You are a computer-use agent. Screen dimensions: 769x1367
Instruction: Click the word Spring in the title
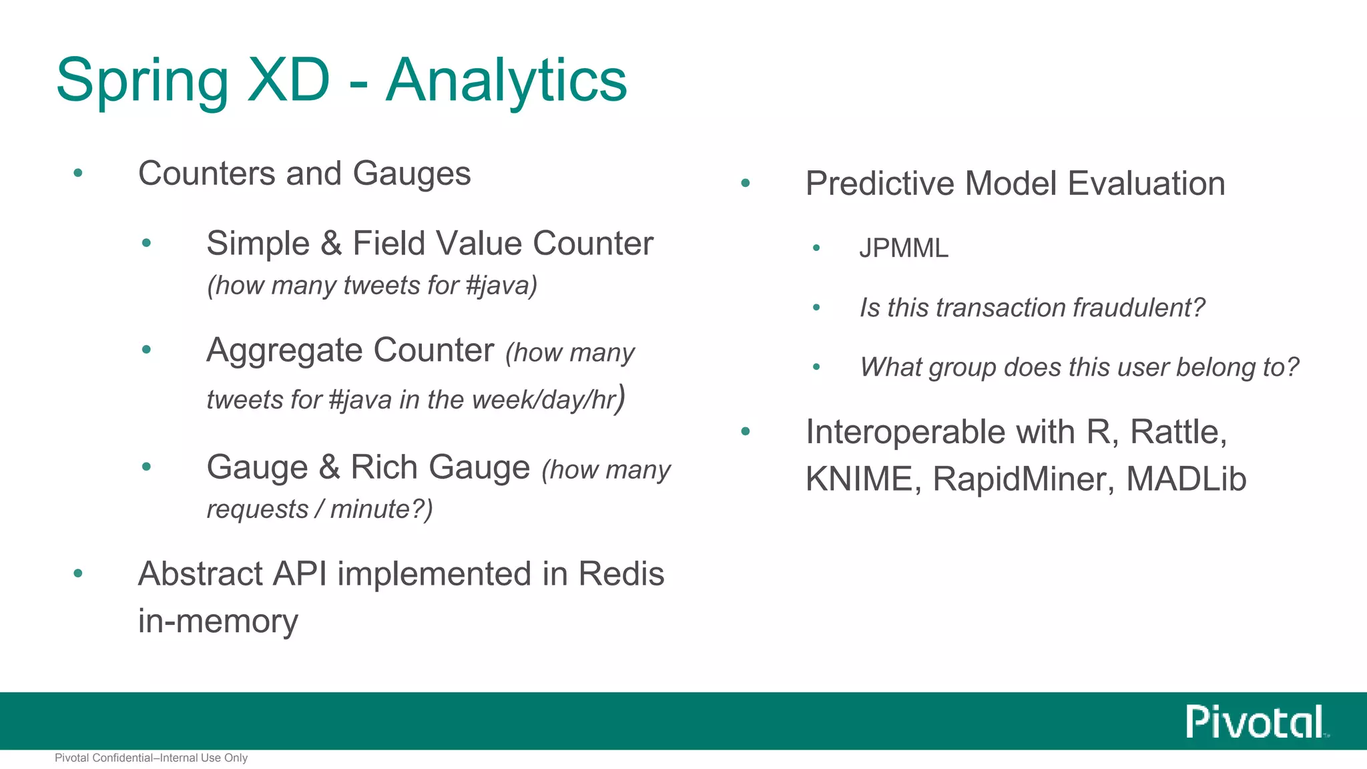142,81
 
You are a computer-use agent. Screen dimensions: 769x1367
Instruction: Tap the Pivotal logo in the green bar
1255,722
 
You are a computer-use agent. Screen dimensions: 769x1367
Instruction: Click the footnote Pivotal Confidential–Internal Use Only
151,758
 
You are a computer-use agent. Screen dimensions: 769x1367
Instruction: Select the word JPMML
903,248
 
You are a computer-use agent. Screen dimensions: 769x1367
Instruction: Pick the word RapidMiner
1023,479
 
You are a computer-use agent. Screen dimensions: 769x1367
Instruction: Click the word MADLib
1186,479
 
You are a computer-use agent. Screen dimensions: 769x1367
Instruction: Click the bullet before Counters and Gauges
78,173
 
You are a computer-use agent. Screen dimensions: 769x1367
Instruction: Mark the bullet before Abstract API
78,573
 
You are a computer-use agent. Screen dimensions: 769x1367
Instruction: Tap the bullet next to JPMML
816,248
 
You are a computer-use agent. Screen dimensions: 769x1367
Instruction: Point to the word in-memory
218,621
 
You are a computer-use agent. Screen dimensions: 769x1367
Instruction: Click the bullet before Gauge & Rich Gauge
146,467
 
